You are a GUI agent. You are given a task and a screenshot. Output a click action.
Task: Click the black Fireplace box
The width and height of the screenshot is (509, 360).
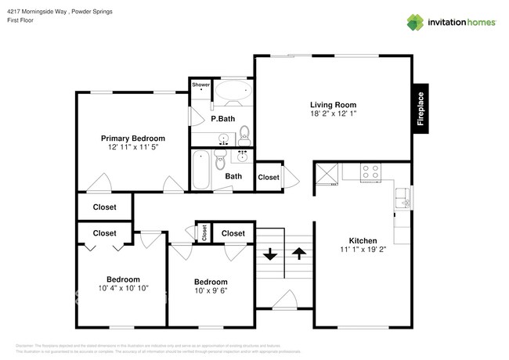click(x=421, y=109)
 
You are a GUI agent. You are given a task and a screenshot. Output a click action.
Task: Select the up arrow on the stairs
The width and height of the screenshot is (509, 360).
click(x=299, y=254)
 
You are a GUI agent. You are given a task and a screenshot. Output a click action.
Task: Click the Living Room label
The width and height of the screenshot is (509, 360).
click(x=333, y=104)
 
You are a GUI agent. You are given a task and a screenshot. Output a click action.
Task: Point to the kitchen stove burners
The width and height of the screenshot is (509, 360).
click(x=370, y=170)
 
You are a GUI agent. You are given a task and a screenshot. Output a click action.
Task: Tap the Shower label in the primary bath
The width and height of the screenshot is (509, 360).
click(x=201, y=85)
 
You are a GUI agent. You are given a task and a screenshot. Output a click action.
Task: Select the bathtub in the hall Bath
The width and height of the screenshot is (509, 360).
click(x=201, y=170)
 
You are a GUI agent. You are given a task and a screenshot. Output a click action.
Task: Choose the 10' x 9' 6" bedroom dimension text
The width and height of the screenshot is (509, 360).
click(x=211, y=292)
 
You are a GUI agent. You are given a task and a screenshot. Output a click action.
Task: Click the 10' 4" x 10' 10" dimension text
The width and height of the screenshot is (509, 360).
click(x=123, y=289)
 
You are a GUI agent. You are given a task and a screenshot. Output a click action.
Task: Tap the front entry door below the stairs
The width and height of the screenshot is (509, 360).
click(x=283, y=301)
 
